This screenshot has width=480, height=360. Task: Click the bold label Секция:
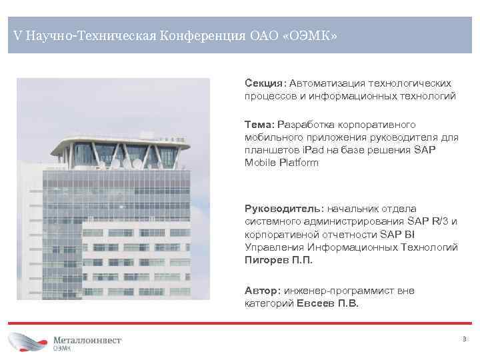[x=265, y=83]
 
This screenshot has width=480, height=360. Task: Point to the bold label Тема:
[x=259, y=125]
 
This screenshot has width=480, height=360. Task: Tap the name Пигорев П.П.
[x=279, y=260]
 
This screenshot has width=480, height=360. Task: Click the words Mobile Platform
[x=282, y=163]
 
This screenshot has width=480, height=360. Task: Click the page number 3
[x=464, y=339]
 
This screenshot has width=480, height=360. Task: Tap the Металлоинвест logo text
[x=87, y=339]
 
